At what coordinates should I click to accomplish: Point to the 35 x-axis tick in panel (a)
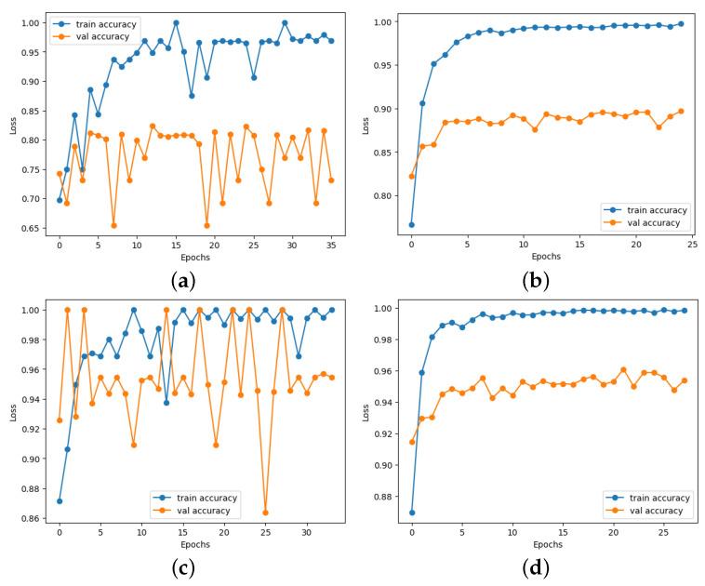tap(331, 244)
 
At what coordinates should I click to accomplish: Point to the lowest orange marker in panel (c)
tap(265, 513)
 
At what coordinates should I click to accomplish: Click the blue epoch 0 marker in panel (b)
tap(411, 224)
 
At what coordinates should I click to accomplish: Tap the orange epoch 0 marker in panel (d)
tap(412, 442)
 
